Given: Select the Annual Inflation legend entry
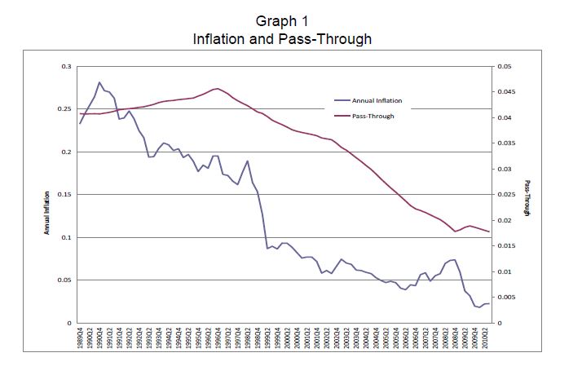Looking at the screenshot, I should coord(377,101).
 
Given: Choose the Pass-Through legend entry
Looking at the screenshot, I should coord(373,117).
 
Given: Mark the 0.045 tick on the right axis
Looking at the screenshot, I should coord(506,92).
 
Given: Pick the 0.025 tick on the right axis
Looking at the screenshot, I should coord(506,195).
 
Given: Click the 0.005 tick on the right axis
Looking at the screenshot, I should coord(506,298).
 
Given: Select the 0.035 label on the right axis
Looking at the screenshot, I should coord(506,143).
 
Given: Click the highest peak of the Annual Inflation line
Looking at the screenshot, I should coord(99,82).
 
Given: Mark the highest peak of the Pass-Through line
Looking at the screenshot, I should coord(217,88).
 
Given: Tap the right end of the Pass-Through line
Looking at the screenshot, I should coord(489,232).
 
